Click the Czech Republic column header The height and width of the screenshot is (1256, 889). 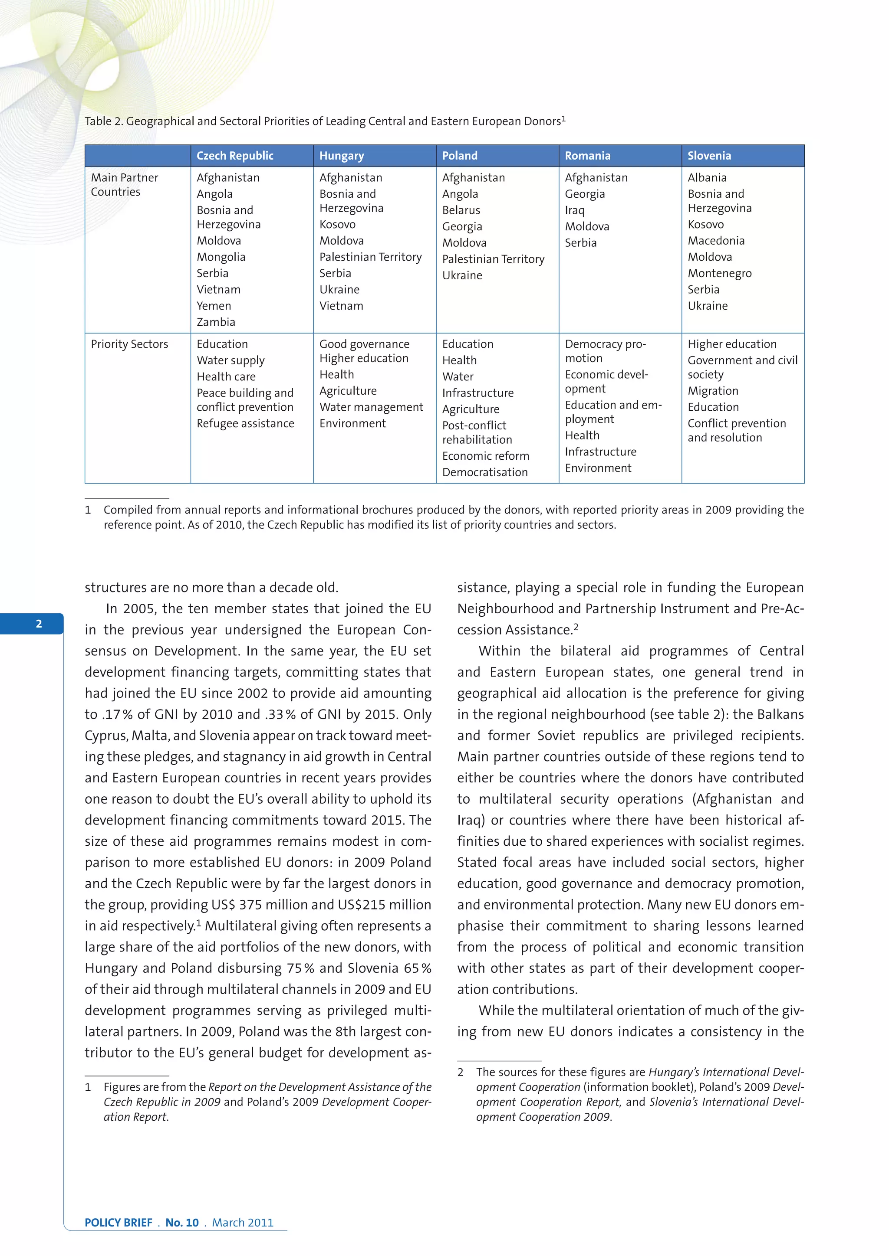235,156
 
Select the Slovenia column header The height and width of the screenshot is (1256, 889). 709,156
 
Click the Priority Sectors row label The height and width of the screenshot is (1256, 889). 129,344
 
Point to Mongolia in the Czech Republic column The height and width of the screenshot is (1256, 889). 221,257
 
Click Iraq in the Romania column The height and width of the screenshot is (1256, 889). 574,211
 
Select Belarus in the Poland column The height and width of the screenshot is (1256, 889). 461,211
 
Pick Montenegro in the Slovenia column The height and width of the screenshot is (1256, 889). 719,274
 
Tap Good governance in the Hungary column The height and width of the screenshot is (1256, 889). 364,344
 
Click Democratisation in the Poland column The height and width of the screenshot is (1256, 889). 484,472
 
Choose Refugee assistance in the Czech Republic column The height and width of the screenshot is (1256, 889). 245,423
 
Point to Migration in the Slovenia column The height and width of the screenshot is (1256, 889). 713,391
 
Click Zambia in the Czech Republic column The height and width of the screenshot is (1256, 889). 216,322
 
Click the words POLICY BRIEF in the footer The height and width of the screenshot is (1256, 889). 118,1223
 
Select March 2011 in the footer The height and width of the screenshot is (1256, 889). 243,1223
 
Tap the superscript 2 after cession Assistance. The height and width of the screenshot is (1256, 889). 576,626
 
